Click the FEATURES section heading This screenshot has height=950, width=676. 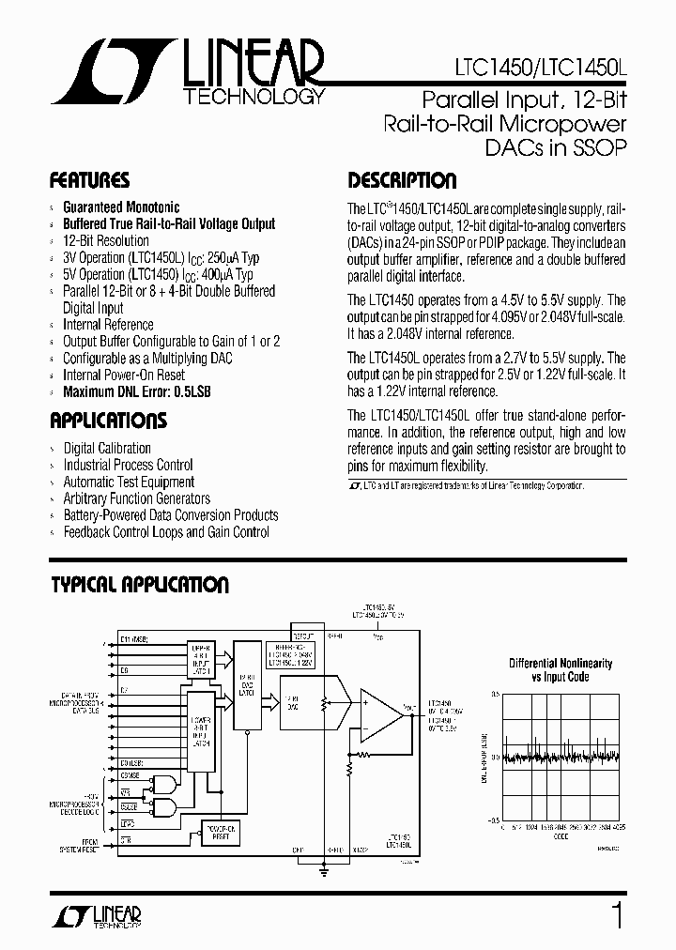click(x=89, y=180)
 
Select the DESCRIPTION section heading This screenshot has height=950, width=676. click(x=402, y=180)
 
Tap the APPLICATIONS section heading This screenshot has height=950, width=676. click(x=108, y=420)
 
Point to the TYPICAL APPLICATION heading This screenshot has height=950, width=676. click(x=139, y=585)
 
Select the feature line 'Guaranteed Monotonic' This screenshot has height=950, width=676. click(x=121, y=207)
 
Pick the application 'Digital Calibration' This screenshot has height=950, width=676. click(x=107, y=448)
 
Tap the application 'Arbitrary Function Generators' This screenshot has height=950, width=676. click(x=137, y=498)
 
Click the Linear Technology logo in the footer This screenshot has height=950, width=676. click(x=105, y=916)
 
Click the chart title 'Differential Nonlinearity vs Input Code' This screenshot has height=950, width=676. click(x=561, y=670)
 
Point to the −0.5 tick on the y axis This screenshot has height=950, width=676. click(x=492, y=819)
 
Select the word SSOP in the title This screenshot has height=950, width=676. click(x=591, y=147)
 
